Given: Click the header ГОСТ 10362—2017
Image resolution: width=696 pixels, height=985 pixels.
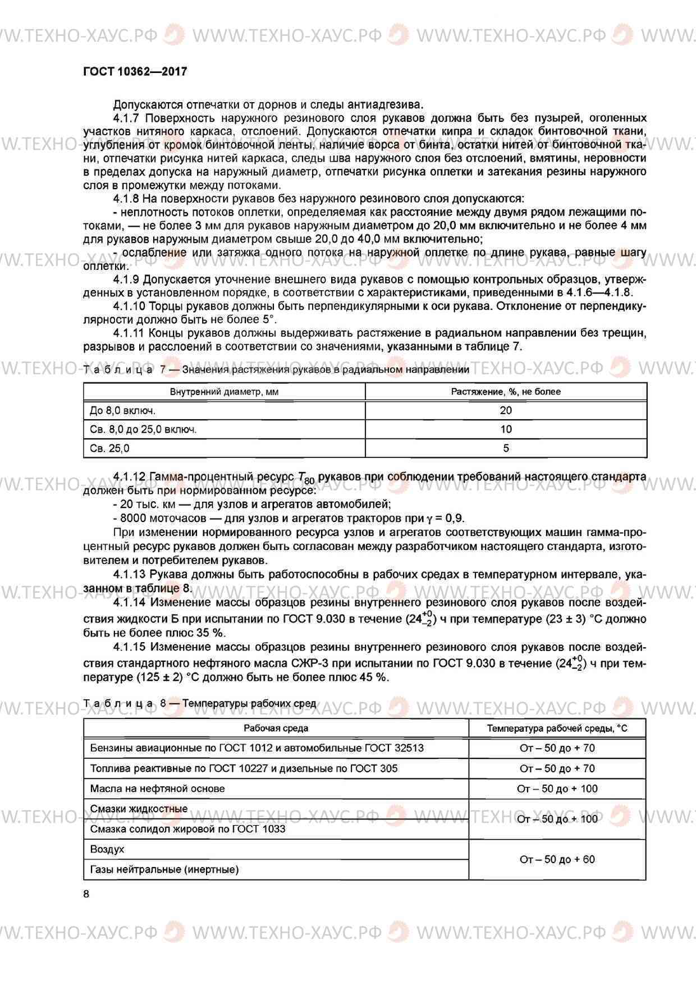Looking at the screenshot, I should [x=135, y=72].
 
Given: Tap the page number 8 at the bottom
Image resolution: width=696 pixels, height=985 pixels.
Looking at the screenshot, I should [x=86, y=894].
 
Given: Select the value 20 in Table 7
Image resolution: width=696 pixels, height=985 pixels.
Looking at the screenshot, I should [x=506, y=410].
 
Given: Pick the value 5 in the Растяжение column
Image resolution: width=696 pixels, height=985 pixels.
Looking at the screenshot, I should [x=506, y=448].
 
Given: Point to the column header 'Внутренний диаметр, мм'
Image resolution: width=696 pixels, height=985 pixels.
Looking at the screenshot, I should [x=224, y=392].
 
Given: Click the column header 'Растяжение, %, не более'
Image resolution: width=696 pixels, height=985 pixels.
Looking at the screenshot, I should [x=506, y=392].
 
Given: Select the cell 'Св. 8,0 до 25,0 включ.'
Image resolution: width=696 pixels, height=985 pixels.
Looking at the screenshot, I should [x=143, y=429].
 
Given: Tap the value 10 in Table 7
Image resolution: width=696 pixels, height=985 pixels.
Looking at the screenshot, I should [x=506, y=429].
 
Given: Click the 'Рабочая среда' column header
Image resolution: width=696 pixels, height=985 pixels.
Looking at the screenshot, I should [x=276, y=728].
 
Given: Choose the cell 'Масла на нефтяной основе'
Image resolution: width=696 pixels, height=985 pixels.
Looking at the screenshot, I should [x=157, y=789].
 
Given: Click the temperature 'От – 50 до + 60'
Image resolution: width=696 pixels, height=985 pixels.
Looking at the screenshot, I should [x=557, y=859].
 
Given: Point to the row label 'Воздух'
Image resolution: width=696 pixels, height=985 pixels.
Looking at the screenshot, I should [x=107, y=849].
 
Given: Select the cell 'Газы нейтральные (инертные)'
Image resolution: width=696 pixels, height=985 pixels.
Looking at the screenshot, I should [x=164, y=869].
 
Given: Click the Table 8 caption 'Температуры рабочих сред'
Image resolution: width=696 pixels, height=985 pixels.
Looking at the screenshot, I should [x=249, y=703].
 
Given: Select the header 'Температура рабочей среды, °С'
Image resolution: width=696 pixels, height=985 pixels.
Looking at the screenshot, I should [x=557, y=728].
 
